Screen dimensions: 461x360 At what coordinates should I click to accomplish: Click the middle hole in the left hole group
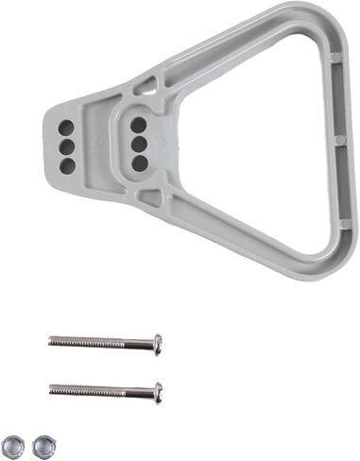tap(67, 145)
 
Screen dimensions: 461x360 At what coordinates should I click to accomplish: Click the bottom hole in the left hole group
tap(67, 165)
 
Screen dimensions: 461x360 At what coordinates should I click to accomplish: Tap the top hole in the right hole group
tap(139, 124)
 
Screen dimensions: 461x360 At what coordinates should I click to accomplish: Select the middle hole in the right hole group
tap(139, 144)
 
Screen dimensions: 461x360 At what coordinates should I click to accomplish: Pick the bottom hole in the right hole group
tap(139, 162)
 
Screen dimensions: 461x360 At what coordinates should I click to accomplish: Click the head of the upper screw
tap(157, 343)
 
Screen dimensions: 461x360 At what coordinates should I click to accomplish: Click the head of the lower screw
tap(157, 389)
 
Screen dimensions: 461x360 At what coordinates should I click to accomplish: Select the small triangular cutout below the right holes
tap(148, 197)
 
